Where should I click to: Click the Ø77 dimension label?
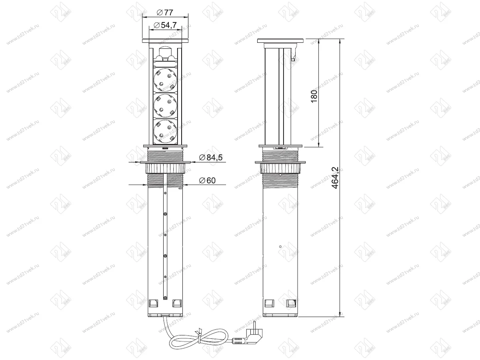point(165,13)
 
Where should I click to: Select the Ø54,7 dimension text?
point(165,25)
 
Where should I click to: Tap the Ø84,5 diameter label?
point(210,157)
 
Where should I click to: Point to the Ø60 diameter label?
point(207,180)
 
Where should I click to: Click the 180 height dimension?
point(314,96)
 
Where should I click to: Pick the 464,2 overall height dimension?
point(335,178)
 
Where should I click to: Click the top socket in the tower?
point(165,80)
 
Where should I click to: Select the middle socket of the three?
point(165,106)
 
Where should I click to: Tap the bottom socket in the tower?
point(165,131)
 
